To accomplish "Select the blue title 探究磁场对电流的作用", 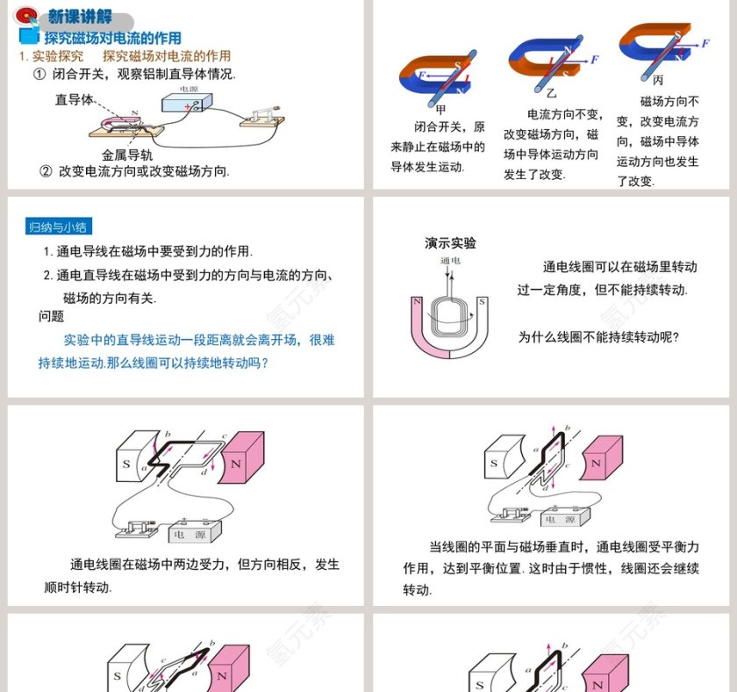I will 113,38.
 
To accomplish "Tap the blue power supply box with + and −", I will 187,105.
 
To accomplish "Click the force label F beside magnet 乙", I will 595,60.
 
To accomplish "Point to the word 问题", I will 52,316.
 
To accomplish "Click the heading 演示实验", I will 450,243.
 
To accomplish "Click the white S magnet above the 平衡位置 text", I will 496,463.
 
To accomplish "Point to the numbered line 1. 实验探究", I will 51,55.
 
